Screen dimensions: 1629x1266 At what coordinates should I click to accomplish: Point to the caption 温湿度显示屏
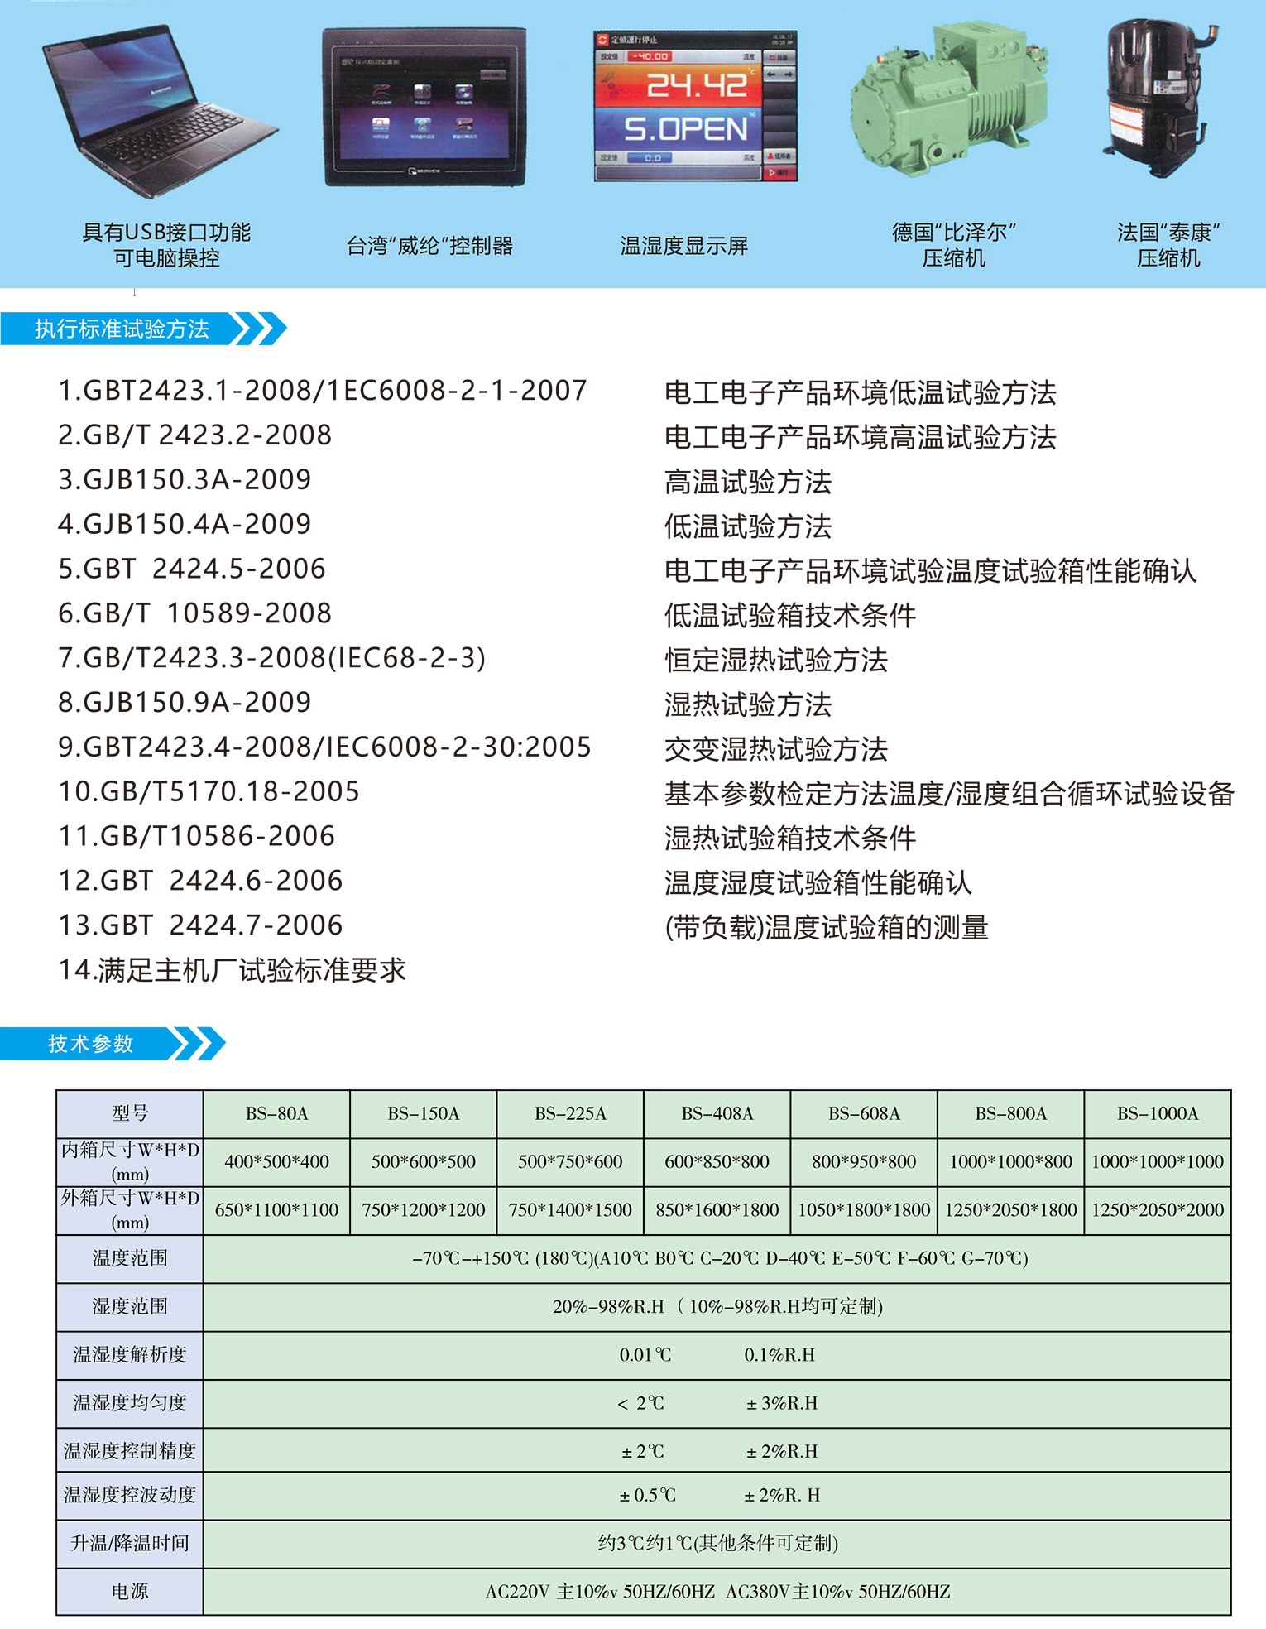(684, 246)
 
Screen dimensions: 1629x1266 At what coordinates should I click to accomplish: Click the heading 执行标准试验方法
(122, 329)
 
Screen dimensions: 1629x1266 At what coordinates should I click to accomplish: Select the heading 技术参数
(91, 1044)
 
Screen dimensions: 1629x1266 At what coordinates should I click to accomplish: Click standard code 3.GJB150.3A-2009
(185, 479)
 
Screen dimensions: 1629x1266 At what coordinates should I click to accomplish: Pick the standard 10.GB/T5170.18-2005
(209, 791)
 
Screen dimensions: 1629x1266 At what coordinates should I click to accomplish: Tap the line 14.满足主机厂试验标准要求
(232, 970)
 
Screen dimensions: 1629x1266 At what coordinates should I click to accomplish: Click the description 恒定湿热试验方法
(776, 660)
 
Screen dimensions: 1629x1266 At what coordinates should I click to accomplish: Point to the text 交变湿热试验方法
(776, 749)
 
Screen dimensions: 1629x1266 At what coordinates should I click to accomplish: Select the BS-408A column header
(717, 1113)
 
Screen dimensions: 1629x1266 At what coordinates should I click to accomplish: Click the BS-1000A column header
(1158, 1113)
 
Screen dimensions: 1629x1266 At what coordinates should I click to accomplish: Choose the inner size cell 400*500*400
(276, 1161)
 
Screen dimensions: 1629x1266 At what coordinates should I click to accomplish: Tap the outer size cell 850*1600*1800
(717, 1209)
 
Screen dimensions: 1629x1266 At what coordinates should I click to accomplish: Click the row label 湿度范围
(130, 1306)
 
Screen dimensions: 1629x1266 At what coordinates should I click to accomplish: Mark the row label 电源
(130, 1591)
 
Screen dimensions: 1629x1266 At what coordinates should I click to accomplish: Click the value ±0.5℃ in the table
(648, 1495)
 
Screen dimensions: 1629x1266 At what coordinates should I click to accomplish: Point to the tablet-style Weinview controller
(424, 108)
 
